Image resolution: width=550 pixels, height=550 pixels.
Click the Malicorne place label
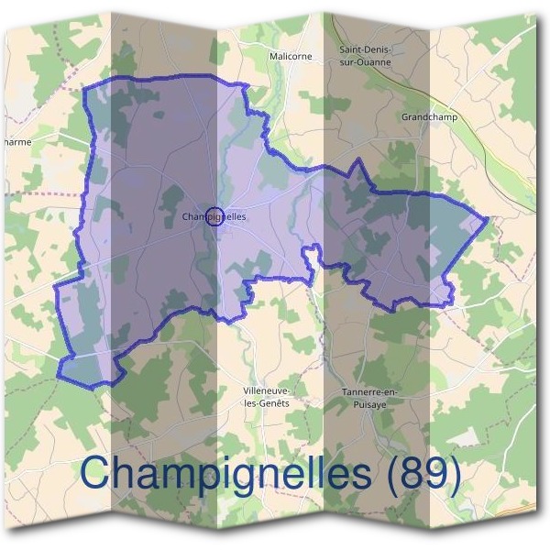coord(291,56)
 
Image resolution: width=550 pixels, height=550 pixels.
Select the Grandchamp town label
coord(429,117)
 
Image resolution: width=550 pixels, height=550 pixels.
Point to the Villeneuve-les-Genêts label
coord(267,397)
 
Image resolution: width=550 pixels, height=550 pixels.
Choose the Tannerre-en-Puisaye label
coord(366,397)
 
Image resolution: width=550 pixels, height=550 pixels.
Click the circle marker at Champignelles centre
coord(214,216)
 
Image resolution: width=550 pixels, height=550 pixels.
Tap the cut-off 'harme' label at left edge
coord(16,142)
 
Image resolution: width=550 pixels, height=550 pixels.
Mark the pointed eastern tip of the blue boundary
coord(486,218)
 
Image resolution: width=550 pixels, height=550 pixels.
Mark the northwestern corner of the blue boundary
coord(85,89)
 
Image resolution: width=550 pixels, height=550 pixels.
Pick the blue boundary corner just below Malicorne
coord(246,85)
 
